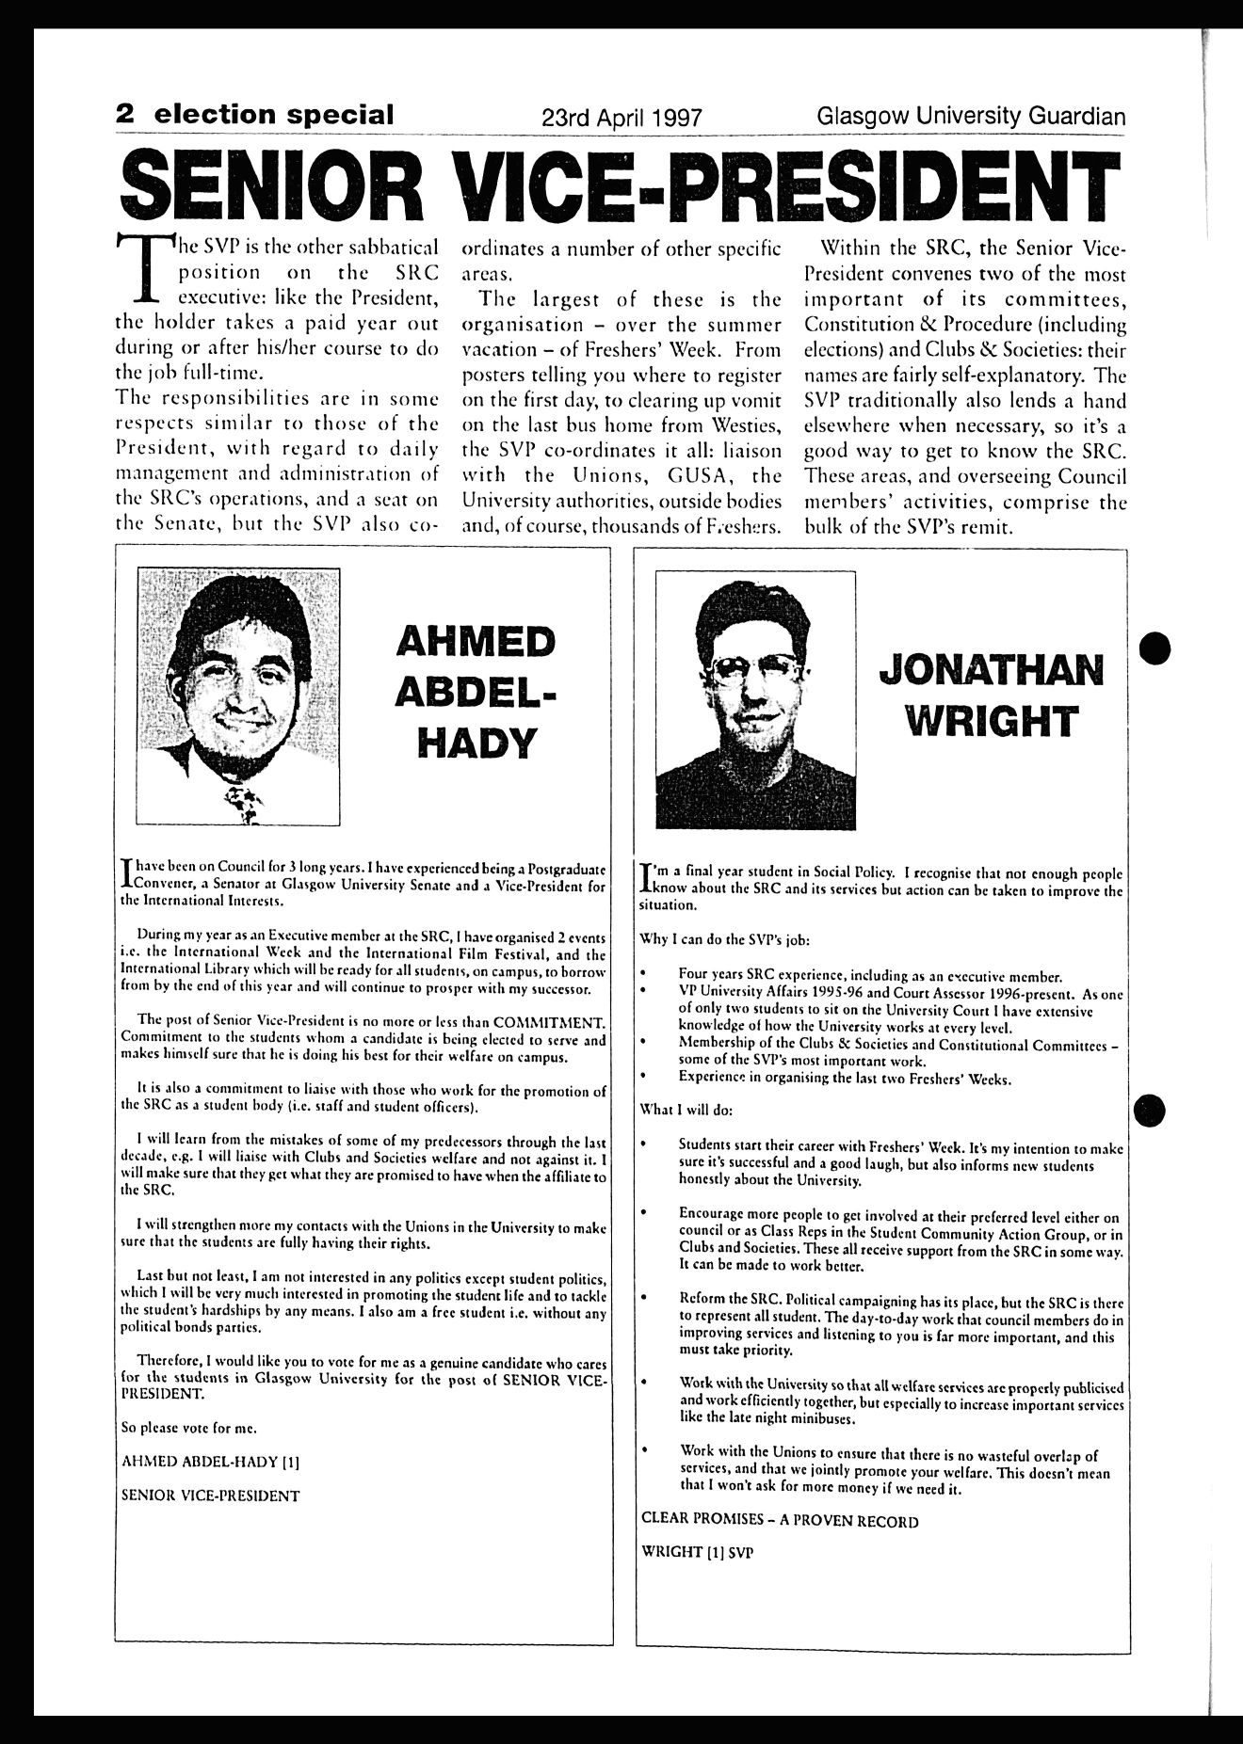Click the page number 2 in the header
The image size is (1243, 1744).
[124, 115]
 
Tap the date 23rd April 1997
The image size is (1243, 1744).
[621, 118]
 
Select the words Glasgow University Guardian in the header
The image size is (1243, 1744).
[972, 117]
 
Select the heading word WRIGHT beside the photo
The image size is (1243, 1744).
[990, 722]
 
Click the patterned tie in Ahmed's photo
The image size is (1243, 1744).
[243, 802]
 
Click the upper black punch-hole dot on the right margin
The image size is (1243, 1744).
[1155, 648]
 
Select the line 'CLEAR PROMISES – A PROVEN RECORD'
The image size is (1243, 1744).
[779, 1520]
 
